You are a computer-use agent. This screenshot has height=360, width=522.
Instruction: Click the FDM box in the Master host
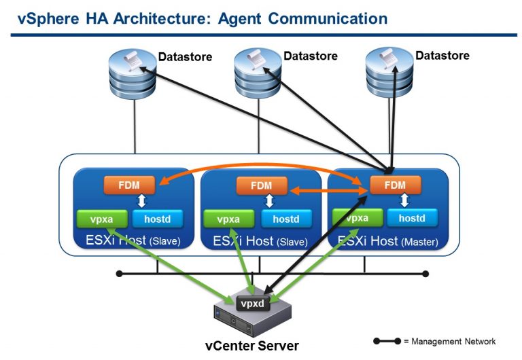[394, 185]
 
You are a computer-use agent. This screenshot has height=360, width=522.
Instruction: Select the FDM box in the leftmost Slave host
[129, 183]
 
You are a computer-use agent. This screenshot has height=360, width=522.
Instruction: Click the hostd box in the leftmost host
[158, 219]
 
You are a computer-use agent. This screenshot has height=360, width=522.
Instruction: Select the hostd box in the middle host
[285, 219]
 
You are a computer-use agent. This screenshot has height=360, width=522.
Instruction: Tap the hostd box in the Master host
[412, 218]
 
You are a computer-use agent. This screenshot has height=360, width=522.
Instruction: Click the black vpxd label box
[254, 304]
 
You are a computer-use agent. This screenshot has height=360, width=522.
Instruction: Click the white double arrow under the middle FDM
[270, 201]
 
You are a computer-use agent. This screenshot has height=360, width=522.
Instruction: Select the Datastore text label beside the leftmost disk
[185, 57]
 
